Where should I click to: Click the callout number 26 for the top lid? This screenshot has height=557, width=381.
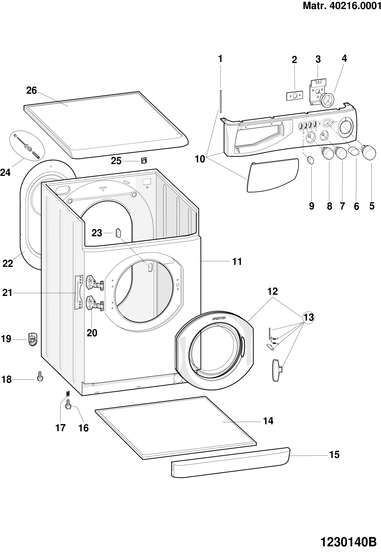click(x=32, y=91)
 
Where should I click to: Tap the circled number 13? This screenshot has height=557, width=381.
click(x=308, y=317)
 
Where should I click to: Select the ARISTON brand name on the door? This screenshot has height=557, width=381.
click(x=219, y=317)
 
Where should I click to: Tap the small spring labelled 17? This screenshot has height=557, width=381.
click(x=68, y=394)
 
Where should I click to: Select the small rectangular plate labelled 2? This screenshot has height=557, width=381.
click(x=294, y=96)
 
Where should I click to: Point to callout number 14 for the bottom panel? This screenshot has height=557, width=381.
click(x=268, y=421)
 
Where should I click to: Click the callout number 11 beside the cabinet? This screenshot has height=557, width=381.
click(x=237, y=262)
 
